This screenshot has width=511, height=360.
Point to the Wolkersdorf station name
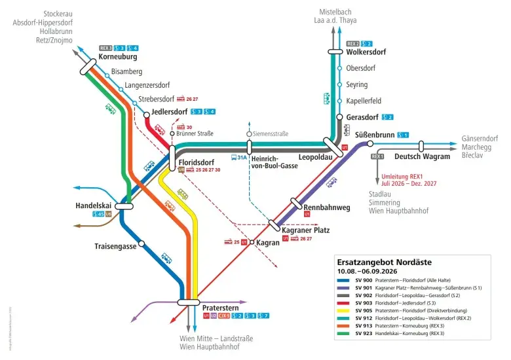[366, 52]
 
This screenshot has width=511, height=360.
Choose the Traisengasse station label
[115, 246]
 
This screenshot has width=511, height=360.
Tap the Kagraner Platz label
[305, 230]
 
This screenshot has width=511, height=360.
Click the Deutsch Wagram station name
[423, 156]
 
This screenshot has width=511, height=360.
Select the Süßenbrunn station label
[374, 135]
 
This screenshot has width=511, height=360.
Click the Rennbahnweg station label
[327, 207]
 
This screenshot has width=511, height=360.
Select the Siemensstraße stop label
[271, 134]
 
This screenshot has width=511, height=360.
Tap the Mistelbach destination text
[335, 12]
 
